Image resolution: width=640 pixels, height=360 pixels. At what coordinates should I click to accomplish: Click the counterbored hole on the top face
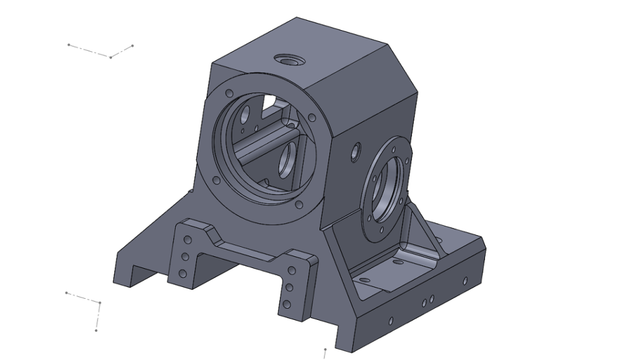[289, 60]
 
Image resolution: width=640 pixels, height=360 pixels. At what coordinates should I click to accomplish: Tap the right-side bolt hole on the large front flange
[311, 117]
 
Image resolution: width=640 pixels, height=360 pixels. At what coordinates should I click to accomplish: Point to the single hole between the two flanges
[356, 151]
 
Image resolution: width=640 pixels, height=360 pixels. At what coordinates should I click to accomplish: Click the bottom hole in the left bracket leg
[183, 272]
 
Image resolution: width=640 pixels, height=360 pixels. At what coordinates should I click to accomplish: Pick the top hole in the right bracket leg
[291, 270]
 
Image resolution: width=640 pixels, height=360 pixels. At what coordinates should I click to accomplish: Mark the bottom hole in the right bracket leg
[286, 305]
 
